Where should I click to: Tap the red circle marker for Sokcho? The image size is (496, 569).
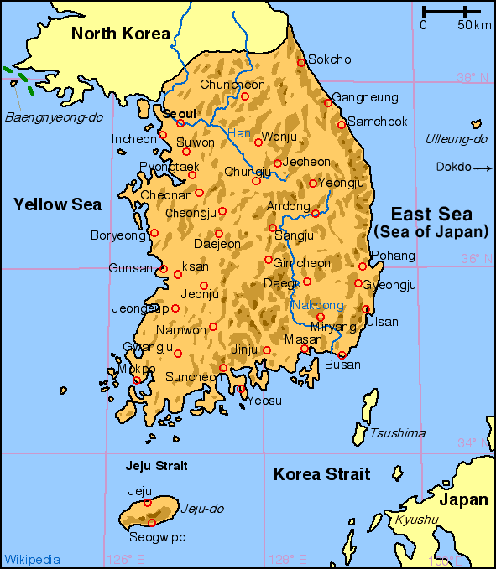click(301, 62)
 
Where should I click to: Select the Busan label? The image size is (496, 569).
click(342, 365)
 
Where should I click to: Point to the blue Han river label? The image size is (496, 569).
click(239, 133)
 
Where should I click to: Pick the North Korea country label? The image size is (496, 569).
click(121, 34)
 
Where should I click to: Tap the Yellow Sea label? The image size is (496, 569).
click(57, 204)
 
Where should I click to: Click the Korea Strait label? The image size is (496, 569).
click(321, 475)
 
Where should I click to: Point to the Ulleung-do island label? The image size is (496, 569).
click(456, 139)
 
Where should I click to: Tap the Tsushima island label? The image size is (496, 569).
click(397, 433)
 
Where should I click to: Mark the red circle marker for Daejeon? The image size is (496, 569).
click(219, 234)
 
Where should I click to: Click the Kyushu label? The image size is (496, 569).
click(416, 520)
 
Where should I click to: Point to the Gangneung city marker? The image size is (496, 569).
click(327, 104)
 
